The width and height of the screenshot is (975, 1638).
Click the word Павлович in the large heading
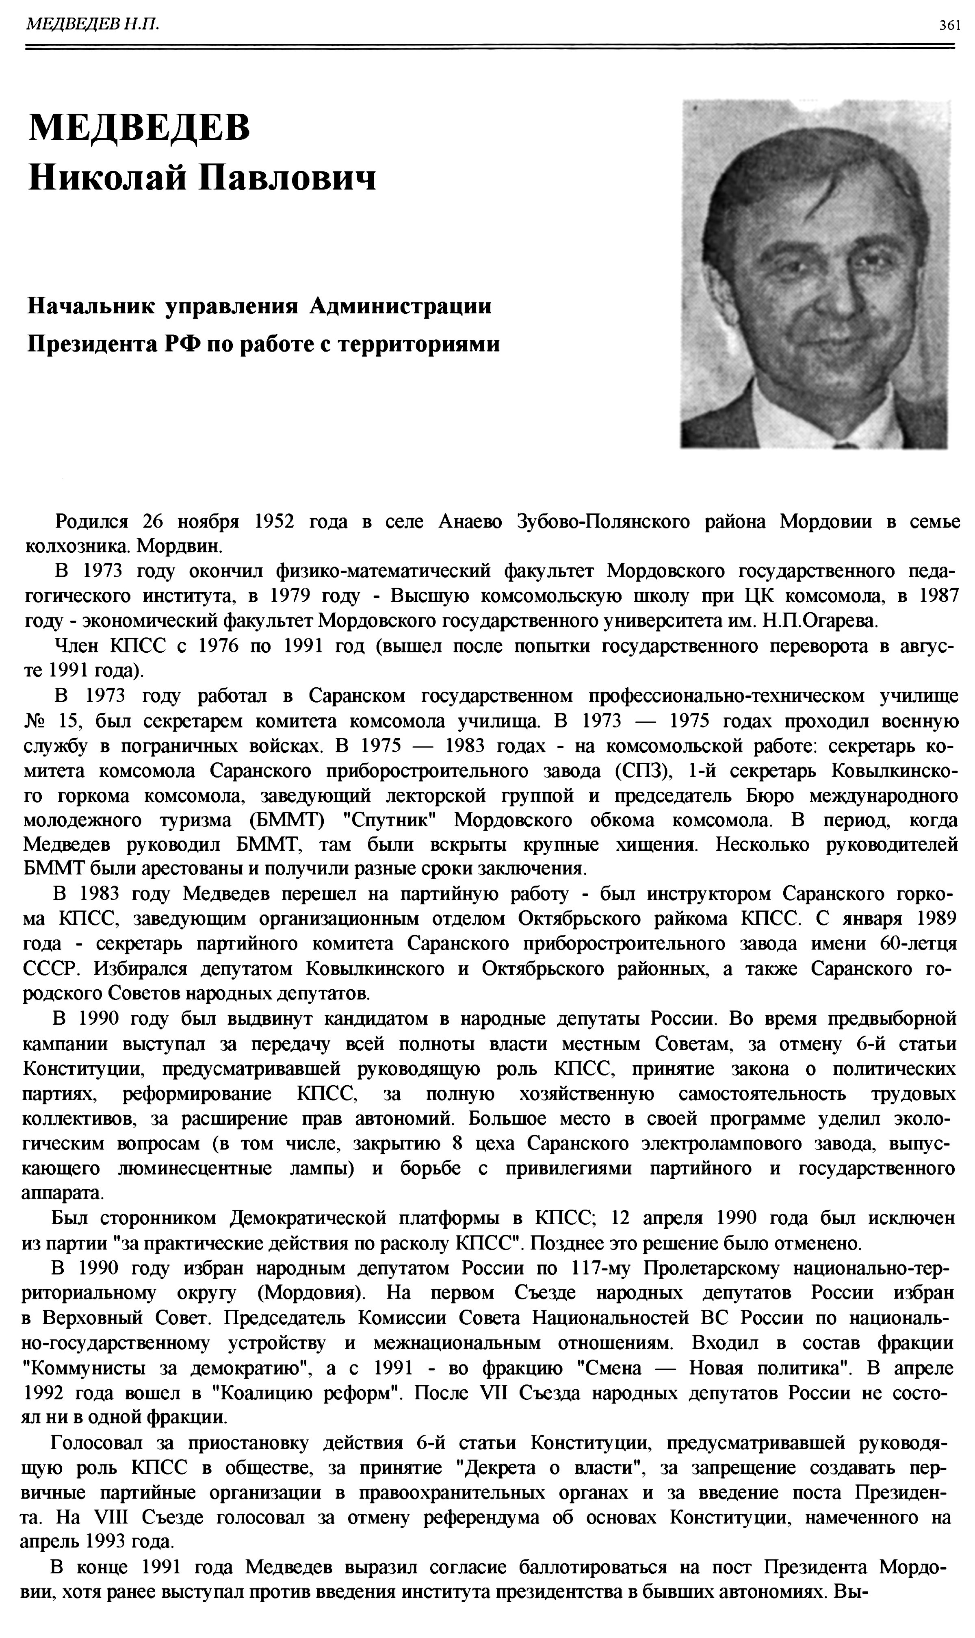point(288,178)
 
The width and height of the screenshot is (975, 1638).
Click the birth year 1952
point(274,522)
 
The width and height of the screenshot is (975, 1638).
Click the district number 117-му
point(600,1268)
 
